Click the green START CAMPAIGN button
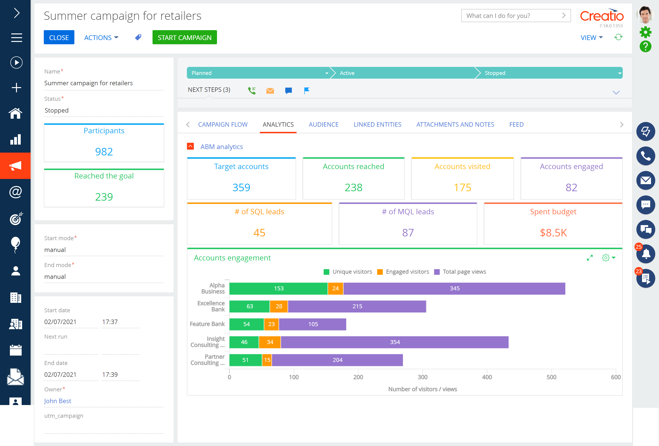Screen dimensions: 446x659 184,37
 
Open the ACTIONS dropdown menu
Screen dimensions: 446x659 101,37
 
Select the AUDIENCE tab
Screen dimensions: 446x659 324,125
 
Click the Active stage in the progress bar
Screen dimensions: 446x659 403,73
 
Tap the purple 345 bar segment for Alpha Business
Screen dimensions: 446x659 454,288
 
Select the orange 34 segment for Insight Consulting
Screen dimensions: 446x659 270,342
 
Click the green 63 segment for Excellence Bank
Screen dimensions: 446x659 249,306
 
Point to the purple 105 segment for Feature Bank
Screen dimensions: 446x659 313,324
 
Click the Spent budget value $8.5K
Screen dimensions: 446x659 553,233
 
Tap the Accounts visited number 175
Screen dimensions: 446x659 462,187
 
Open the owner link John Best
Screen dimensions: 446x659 58,401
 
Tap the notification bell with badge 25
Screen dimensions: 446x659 645,254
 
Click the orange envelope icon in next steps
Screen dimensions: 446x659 270,90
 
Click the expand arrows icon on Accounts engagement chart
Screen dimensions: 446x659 590,258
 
